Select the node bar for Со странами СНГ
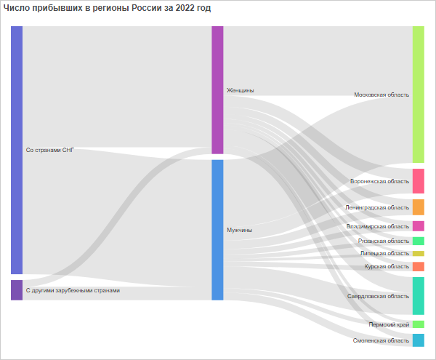pos(17,150)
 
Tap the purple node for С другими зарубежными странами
pos(17,290)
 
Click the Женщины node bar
pos(217,90)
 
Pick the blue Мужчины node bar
pos(217,230)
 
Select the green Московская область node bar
pos(418,95)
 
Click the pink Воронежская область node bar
pos(418,181)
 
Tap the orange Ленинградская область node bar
pos(418,207)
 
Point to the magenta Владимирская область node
pos(418,226)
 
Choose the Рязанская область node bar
pos(418,241)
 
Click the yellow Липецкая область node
pos(418,254)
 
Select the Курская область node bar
pos(418,266)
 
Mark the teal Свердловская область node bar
pos(418,296)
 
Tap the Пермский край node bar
pos(418,324)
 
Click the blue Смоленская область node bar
pos(418,340)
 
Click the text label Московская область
pos(381,95)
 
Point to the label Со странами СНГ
pos(50,150)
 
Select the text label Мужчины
pos(240,230)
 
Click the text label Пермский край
pos(389,324)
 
